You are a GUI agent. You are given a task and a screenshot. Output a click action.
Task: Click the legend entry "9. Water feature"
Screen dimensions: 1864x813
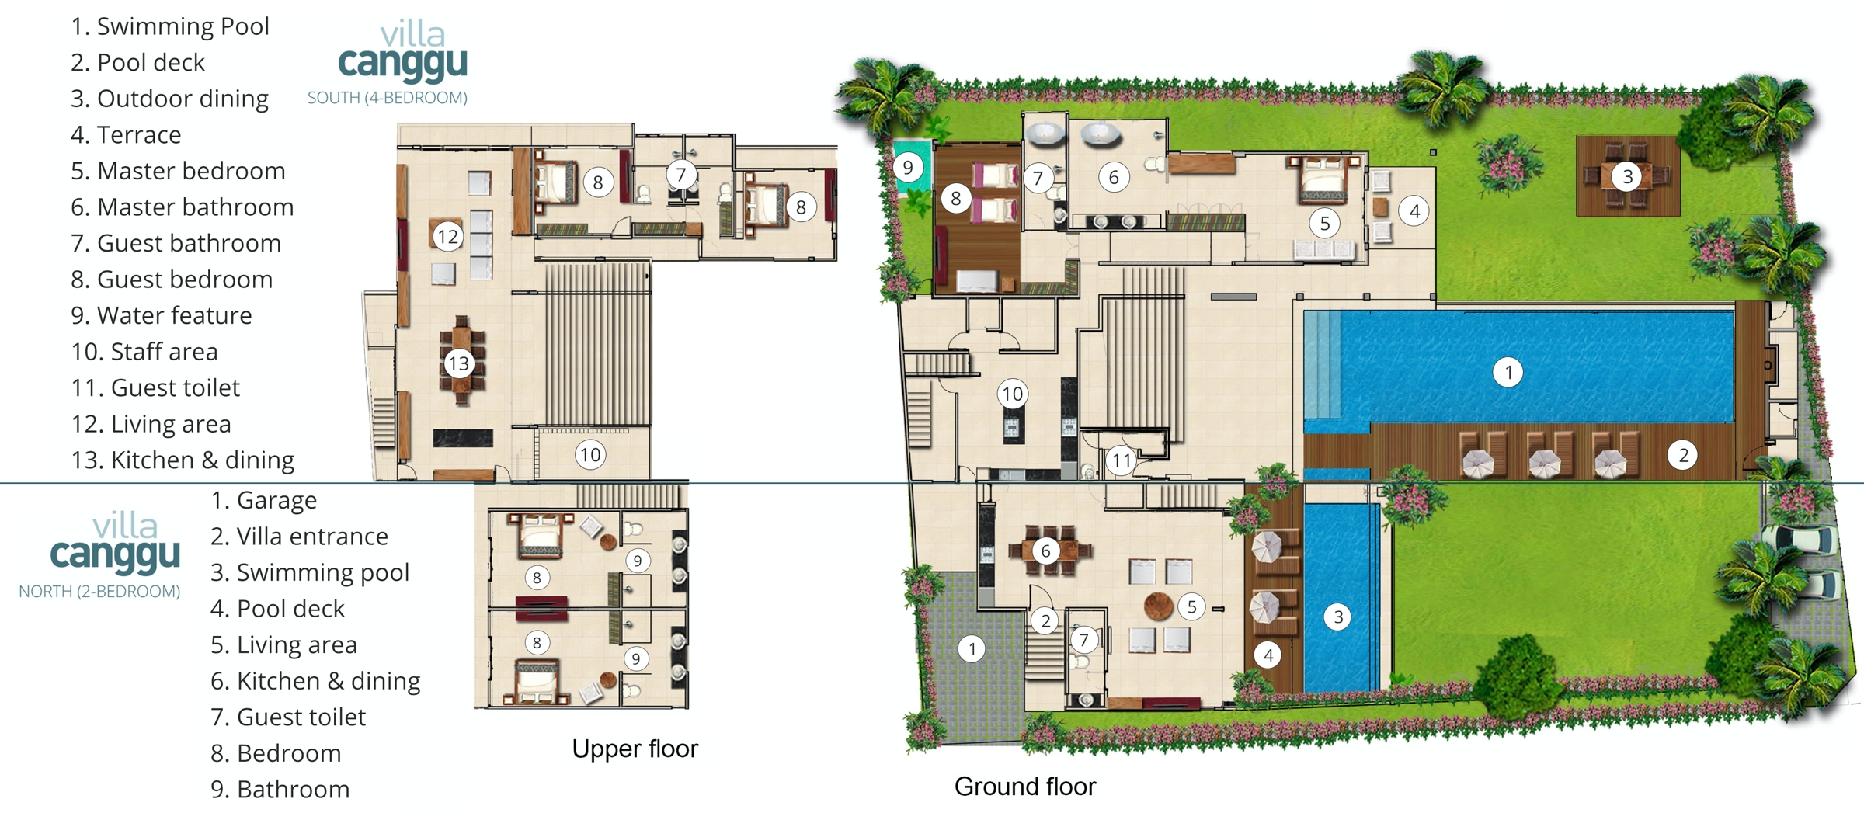[x=162, y=315]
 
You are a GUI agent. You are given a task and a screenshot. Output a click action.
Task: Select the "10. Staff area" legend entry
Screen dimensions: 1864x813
[x=144, y=352]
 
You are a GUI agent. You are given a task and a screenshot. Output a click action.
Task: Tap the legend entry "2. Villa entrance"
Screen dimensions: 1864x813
[x=299, y=536]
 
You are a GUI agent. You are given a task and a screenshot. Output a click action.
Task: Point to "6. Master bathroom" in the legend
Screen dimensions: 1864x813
[x=183, y=207]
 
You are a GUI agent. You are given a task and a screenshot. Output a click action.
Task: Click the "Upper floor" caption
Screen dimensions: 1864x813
[x=635, y=749]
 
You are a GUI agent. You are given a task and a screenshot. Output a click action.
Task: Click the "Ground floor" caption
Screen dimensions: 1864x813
[x=1025, y=787]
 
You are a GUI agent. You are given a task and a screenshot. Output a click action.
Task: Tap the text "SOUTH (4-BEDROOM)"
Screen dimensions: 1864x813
[x=388, y=98]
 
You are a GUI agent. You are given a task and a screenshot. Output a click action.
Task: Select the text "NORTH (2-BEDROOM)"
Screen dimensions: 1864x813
[x=99, y=592]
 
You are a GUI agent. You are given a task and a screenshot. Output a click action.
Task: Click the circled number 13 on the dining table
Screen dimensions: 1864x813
[x=459, y=363]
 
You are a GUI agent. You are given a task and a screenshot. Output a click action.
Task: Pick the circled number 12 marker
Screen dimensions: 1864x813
[x=448, y=236]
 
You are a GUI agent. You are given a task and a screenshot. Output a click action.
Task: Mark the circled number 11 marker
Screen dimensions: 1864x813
[x=1122, y=461]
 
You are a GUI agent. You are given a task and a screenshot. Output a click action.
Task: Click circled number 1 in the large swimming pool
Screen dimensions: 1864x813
[x=1508, y=372]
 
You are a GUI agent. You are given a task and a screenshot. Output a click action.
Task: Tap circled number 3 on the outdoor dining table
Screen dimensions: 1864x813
[x=1627, y=176]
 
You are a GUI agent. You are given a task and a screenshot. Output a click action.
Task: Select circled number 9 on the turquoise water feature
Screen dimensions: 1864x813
[x=907, y=167]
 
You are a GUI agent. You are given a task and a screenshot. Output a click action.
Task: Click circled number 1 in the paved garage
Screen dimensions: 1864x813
[x=971, y=648]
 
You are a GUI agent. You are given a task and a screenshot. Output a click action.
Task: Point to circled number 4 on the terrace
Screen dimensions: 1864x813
[x=1414, y=210]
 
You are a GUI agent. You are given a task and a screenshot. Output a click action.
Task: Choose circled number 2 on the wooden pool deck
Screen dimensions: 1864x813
[x=1683, y=455]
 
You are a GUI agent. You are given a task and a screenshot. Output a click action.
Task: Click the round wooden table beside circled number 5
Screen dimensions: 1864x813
[x=1158, y=606]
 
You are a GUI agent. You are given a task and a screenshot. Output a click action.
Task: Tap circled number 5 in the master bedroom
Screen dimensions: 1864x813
[x=1324, y=224]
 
